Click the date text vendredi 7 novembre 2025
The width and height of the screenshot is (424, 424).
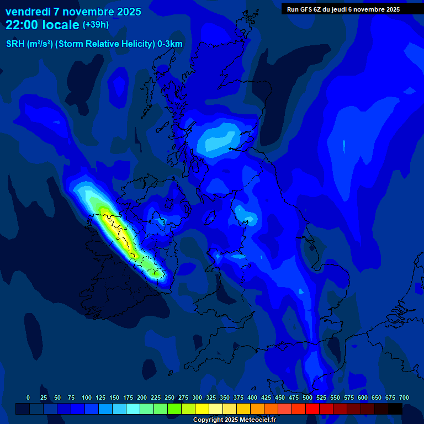point(73,12)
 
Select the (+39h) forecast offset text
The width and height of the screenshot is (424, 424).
point(96,25)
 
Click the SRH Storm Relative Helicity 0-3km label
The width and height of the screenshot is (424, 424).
point(94,44)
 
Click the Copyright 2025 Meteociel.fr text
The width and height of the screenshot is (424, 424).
point(234,420)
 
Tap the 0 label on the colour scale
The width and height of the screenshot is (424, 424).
point(28,397)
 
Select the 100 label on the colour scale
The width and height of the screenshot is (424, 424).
point(87,397)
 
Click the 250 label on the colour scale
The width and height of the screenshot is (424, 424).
point(169,397)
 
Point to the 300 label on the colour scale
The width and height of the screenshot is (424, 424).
point(197,397)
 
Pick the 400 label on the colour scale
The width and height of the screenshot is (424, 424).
point(252,397)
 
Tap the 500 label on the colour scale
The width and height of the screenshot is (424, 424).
point(308,397)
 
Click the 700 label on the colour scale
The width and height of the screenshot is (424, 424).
point(404,397)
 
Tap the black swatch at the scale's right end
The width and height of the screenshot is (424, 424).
point(395,409)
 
